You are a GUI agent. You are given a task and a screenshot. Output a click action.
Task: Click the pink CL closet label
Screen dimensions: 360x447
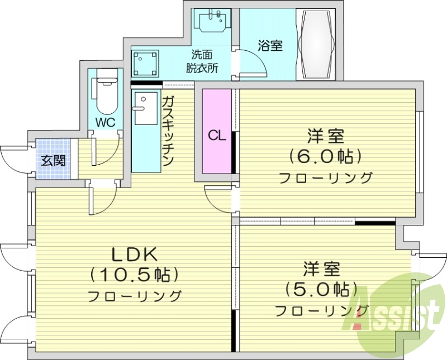[x=217, y=136]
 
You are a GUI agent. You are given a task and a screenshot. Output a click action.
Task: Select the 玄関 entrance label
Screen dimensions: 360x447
[x=53, y=161]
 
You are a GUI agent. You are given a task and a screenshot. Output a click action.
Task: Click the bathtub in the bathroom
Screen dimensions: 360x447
[x=317, y=44]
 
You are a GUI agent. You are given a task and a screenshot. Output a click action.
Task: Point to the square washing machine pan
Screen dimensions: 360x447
[x=145, y=63]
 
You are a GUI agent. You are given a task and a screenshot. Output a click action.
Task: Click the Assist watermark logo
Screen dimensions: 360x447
[x=397, y=313]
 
